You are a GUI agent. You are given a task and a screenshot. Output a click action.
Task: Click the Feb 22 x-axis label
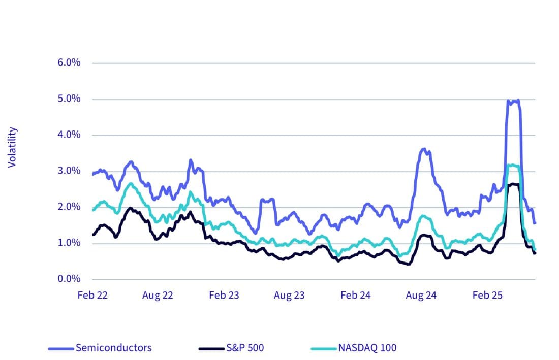point(92,296)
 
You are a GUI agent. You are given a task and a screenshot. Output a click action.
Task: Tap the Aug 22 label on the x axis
point(158,296)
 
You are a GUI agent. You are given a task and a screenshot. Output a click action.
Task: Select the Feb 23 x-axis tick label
point(224,296)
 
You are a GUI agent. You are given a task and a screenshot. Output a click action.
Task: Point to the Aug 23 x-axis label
point(290,296)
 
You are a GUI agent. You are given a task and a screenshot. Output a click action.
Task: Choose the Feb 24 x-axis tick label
point(355,296)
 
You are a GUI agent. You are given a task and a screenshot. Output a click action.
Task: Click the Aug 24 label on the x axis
point(421,296)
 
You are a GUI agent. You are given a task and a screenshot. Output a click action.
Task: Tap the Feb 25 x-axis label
point(487,296)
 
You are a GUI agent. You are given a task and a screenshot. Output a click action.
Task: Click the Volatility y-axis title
point(13,147)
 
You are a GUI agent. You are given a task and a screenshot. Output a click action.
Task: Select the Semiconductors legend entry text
point(113,348)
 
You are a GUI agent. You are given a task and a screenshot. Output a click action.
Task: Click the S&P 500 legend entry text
point(245,348)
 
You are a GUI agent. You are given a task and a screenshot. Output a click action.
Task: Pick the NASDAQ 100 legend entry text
point(367,348)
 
